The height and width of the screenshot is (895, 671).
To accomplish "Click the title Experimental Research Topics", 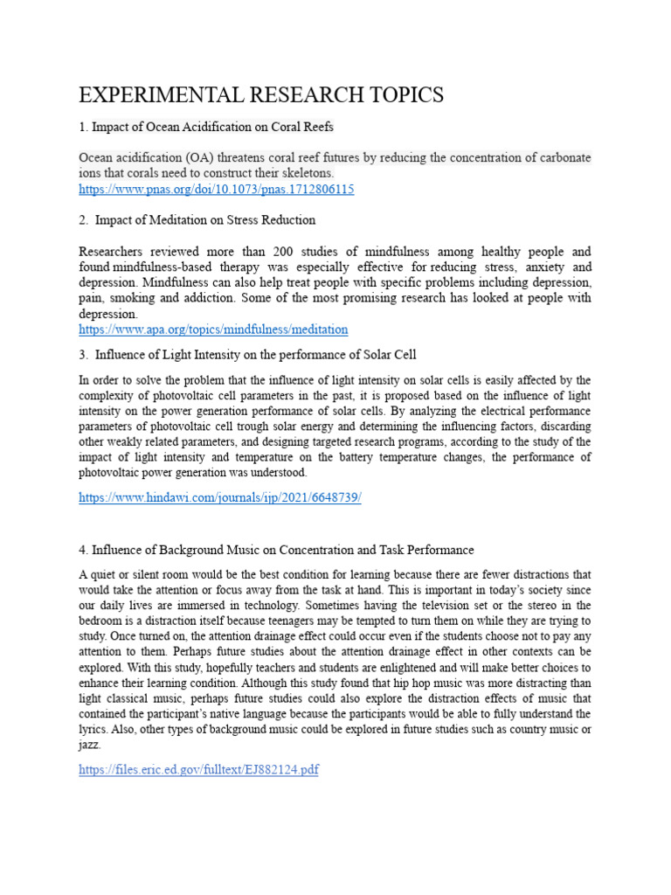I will pyautogui.click(x=261, y=94).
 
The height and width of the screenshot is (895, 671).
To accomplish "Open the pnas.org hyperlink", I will pyautogui.click(x=216, y=190).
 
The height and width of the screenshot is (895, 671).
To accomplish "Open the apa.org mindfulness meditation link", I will pyautogui.click(x=212, y=330).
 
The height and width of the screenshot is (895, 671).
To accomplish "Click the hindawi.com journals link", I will pyautogui.click(x=219, y=497).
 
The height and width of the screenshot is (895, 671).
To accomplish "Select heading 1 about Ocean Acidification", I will pyautogui.click(x=206, y=128).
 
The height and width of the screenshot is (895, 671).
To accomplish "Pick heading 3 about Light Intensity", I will pyautogui.click(x=248, y=355).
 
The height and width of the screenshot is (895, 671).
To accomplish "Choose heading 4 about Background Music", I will pyautogui.click(x=276, y=550).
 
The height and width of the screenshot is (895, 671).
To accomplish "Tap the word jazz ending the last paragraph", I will pyautogui.click(x=89, y=746).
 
